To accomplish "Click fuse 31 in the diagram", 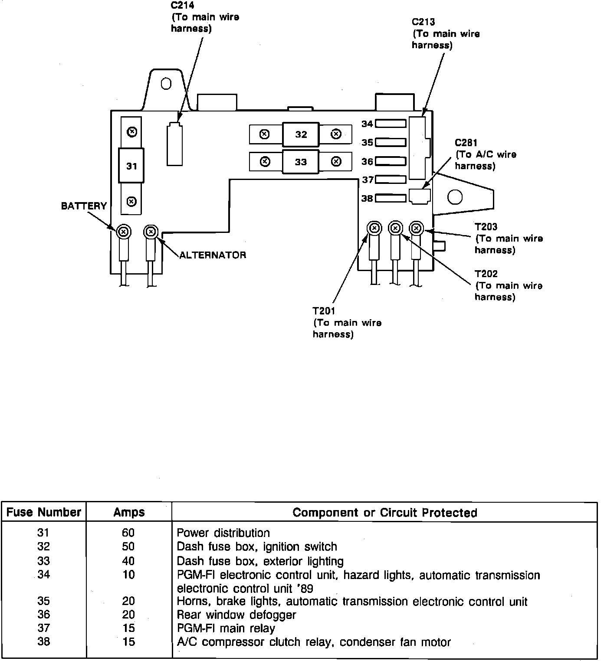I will (131, 166).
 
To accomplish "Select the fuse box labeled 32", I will (301, 135).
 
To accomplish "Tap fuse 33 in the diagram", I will (301, 162).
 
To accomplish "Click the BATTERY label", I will (84, 206).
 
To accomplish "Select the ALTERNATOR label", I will (213, 255).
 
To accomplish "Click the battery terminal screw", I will (124, 232).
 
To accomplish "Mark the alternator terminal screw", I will (151, 232).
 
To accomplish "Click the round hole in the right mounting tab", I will (455, 197).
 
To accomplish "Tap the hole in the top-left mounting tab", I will (166, 84).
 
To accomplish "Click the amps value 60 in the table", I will (128, 533).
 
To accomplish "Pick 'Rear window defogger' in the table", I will (236, 615).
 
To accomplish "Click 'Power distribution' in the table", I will (223, 533).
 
